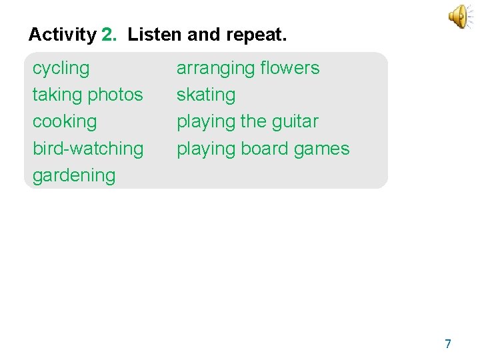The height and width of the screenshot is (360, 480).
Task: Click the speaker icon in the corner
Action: (x=461, y=17)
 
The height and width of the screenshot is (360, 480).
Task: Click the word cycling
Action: (x=61, y=69)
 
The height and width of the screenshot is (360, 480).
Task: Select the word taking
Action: (x=57, y=95)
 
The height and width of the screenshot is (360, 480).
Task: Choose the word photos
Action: (x=115, y=95)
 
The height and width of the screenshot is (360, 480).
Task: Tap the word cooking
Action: (x=65, y=122)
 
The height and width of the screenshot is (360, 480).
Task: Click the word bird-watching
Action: (x=88, y=149)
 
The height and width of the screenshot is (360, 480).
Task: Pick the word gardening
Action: (x=74, y=176)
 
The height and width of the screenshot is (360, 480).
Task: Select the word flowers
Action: (x=290, y=68)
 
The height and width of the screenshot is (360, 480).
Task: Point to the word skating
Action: (x=205, y=95)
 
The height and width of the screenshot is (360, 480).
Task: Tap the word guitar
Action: (x=294, y=122)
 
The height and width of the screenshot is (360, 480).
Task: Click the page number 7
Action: (x=447, y=344)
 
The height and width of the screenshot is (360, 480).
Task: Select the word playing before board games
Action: (x=206, y=149)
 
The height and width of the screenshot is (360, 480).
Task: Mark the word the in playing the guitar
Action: (x=253, y=121)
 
